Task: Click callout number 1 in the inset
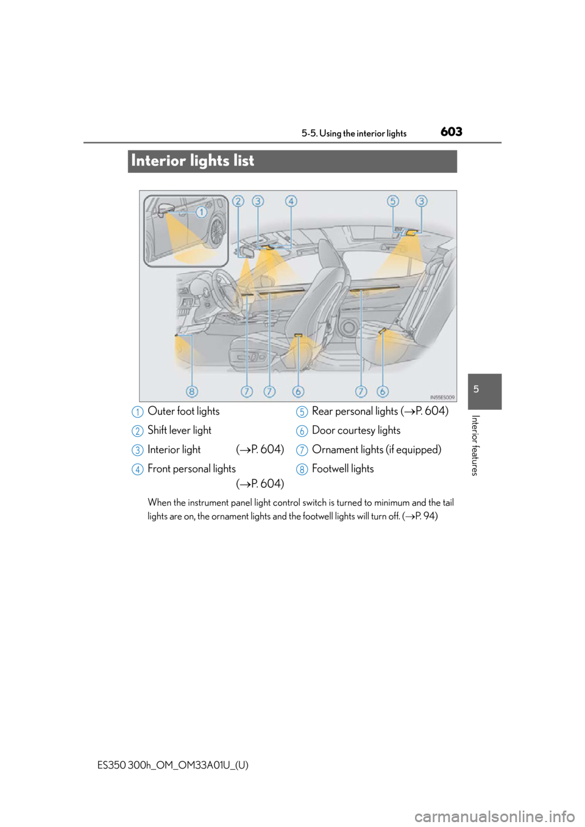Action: (x=200, y=212)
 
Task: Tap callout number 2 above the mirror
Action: (x=238, y=201)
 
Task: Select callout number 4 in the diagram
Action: (x=291, y=201)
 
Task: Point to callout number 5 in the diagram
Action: (x=393, y=201)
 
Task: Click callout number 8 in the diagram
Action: (x=192, y=392)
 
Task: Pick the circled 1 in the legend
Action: (x=138, y=412)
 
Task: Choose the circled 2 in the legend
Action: (x=138, y=431)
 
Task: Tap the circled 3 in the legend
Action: (x=138, y=451)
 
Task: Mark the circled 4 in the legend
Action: (x=138, y=470)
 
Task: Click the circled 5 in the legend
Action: (x=302, y=412)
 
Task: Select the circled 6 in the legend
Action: (x=302, y=431)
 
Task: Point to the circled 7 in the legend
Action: (x=302, y=451)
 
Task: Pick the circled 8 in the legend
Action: (x=302, y=470)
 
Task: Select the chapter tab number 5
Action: (x=477, y=389)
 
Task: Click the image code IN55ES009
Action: (x=442, y=396)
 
